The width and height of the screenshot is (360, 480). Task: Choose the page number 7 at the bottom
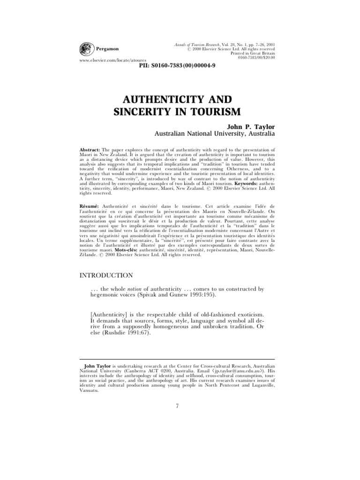coord(177,405)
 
